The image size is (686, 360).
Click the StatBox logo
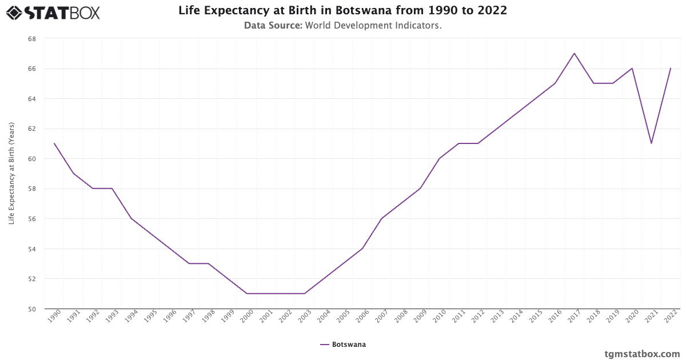[x=53, y=12]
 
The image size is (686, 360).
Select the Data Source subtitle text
[x=342, y=25]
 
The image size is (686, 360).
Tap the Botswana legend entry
[x=343, y=345]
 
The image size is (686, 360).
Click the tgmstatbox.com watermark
[x=642, y=354]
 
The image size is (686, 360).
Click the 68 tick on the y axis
[x=32, y=39]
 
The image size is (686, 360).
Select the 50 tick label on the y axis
[x=32, y=309]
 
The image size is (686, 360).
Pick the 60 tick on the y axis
[x=32, y=159]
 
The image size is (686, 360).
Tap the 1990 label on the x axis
[x=54, y=318]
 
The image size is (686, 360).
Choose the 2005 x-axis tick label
[x=342, y=318]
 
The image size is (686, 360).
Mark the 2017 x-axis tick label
[x=573, y=318]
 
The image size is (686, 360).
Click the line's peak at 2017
[x=574, y=53]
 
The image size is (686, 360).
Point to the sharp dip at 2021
[x=651, y=143]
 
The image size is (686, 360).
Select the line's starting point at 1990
[x=54, y=143]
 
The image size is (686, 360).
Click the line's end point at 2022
[x=671, y=69]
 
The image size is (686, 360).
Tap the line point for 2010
[x=439, y=158]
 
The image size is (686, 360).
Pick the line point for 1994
[x=131, y=218]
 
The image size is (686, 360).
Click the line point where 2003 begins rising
[x=305, y=294]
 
